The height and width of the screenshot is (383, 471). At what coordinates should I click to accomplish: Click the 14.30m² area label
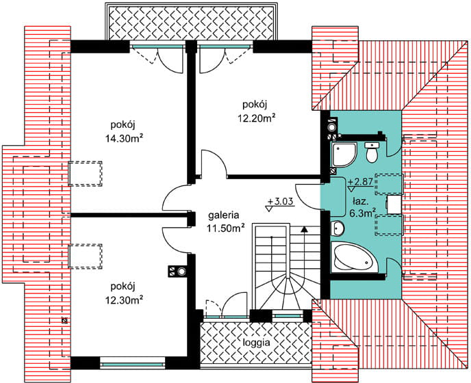(x=124, y=138)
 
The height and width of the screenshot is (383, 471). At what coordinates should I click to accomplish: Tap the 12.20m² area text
(x=257, y=118)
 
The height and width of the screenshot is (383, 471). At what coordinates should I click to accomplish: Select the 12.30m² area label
(x=124, y=300)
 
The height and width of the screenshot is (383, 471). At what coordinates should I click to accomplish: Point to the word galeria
(x=224, y=215)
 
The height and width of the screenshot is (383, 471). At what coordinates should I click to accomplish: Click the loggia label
(x=257, y=343)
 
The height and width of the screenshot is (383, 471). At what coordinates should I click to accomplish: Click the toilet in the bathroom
(x=372, y=153)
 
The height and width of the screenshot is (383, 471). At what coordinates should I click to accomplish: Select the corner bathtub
(x=354, y=258)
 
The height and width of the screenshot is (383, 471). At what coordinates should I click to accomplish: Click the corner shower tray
(x=344, y=155)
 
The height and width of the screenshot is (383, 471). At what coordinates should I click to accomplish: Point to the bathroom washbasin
(x=338, y=228)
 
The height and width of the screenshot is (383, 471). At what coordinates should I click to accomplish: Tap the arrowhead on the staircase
(x=305, y=229)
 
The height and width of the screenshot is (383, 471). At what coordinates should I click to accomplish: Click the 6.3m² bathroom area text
(x=363, y=213)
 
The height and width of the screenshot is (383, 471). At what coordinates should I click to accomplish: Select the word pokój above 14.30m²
(x=124, y=124)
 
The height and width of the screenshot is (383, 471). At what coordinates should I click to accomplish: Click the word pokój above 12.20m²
(x=255, y=105)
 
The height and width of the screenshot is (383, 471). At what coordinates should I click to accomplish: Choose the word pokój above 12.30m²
(x=123, y=287)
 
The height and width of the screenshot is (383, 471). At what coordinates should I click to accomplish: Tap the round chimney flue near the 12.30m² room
(x=181, y=272)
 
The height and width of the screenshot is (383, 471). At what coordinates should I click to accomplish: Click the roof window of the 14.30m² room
(x=85, y=174)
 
